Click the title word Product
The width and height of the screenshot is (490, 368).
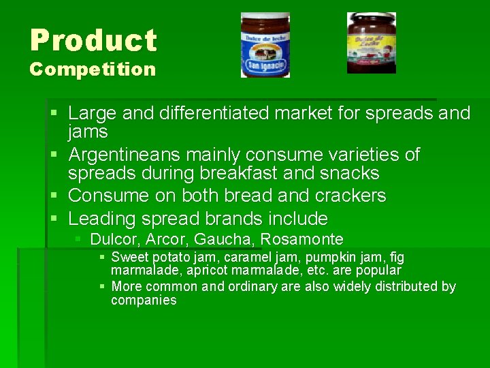[x=93, y=40]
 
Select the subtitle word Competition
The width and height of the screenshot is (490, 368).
[x=93, y=70]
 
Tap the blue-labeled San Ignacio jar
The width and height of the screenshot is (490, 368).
[x=265, y=45]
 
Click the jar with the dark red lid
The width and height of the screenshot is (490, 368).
[x=371, y=42]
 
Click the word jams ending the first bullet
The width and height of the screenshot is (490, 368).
[x=88, y=131]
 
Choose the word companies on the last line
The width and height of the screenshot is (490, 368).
[x=144, y=301]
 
